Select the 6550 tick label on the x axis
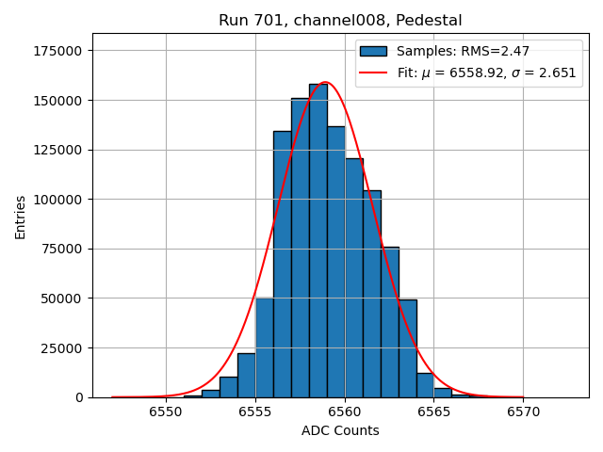[x=166, y=412]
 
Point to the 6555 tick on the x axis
[x=255, y=412]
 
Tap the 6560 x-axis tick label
[x=344, y=412]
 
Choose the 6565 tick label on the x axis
[x=433, y=412]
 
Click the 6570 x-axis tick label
[x=523, y=412]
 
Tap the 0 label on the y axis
[x=79, y=397]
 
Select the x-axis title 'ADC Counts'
[x=340, y=431]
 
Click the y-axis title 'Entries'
[x=21, y=218]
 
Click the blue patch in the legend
[x=373, y=51]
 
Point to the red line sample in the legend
[x=373, y=73]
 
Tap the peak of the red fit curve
[x=325, y=82]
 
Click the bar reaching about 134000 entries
[x=282, y=264]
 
